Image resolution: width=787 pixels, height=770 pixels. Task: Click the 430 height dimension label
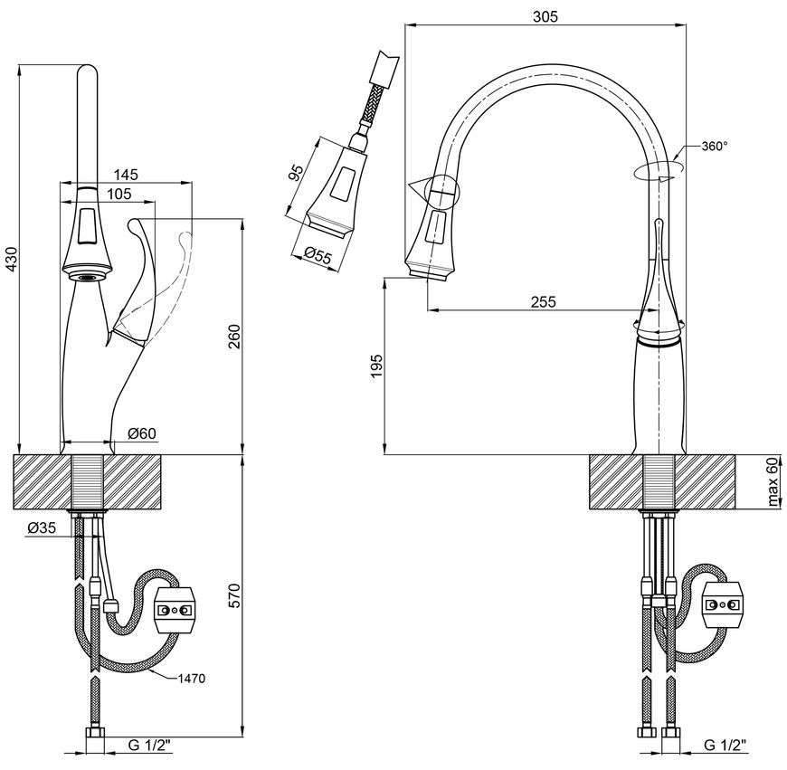click(11, 260)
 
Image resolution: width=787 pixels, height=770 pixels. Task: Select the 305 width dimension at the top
click(545, 17)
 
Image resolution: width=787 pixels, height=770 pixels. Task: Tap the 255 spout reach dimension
click(544, 301)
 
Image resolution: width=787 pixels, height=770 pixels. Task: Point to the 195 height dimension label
click(377, 366)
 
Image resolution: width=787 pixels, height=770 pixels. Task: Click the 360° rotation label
click(715, 146)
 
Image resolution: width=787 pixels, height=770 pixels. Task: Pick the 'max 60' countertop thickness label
click(773, 481)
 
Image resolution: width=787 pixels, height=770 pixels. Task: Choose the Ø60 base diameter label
click(142, 433)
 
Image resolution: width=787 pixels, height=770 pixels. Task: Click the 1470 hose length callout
click(192, 679)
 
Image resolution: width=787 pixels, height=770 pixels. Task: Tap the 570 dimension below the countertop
click(234, 595)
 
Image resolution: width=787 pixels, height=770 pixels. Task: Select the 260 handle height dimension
click(234, 337)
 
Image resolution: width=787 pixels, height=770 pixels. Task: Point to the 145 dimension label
click(126, 175)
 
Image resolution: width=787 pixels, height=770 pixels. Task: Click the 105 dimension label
click(119, 194)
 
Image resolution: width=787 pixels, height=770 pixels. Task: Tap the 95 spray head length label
click(297, 172)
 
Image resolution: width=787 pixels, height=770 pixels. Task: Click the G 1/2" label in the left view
click(149, 746)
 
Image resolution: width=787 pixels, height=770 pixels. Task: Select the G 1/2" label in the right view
click(725, 745)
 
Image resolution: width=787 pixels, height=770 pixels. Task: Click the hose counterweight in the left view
click(175, 611)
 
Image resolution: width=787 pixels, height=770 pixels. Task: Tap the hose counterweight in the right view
click(723, 604)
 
